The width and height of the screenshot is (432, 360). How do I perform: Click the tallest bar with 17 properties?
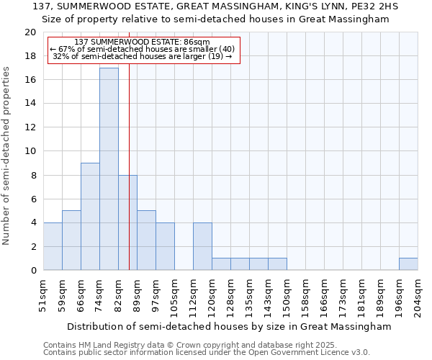(x=109, y=169)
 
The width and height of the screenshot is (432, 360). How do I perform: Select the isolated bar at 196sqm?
(x=408, y=264)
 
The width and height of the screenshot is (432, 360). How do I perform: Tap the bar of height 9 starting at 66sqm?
(x=90, y=217)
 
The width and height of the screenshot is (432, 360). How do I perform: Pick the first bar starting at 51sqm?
(x=53, y=246)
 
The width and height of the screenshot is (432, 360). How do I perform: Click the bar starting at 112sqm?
(x=202, y=246)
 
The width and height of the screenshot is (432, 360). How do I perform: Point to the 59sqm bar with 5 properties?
(x=71, y=240)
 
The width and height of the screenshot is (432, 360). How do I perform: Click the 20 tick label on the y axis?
(x=30, y=32)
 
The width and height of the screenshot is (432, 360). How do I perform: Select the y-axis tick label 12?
(x=30, y=127)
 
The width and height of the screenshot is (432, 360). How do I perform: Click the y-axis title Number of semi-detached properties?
(x=7, y=156)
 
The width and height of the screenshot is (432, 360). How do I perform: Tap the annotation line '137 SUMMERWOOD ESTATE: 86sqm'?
(x=142, y=42)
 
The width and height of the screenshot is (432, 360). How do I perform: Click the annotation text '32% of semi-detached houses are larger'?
(x=137, y=56)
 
